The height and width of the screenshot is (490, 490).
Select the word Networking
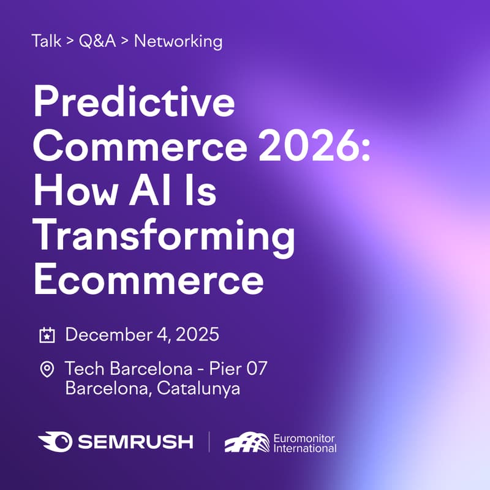178,42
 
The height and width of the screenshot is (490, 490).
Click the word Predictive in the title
135,104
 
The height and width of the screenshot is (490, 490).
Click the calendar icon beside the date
47,335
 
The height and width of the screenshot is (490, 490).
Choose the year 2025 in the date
198,335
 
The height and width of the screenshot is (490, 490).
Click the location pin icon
47,369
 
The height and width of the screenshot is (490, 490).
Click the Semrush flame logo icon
53,442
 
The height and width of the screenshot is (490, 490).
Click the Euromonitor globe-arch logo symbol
246,442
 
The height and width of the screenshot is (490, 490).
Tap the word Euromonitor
304,437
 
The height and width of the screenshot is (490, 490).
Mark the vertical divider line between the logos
209,442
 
